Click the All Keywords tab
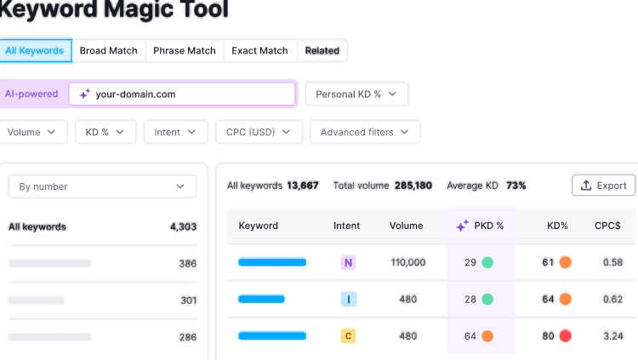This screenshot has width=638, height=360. coord(35,50)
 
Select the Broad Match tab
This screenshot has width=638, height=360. coord(108,50)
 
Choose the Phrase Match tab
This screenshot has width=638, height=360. coord(184,50)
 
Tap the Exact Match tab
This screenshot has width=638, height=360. coord(259,50)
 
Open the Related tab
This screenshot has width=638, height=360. coord(322,50)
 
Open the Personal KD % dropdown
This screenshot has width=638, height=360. coord(356,94)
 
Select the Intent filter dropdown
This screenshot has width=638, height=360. coord(175,132)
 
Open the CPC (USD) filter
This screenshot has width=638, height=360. coord(259,132)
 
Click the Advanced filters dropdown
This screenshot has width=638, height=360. coord(365,132)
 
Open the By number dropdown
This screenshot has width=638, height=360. coord(102,186)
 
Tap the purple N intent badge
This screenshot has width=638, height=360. coord(348,262)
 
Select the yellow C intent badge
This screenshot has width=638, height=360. coord(348,336)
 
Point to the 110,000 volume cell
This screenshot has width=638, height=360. coord(407,262)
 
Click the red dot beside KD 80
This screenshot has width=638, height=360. coord(565,336)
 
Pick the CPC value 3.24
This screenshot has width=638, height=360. coord(612,336)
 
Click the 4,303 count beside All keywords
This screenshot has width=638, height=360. coord(183,226)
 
